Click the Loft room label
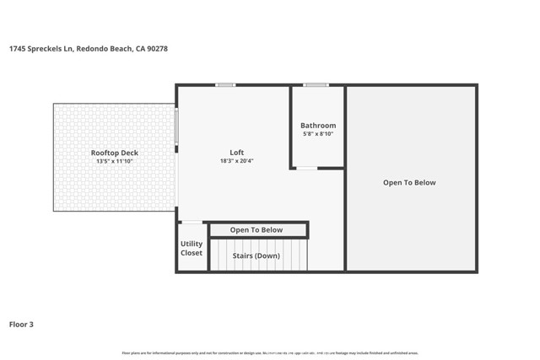point(237,153)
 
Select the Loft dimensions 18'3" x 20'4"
point(237,161)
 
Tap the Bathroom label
point(318,126)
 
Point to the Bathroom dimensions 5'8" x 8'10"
point(318,134)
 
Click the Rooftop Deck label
point(115,153)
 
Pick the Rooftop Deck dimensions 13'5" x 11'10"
point(115,161)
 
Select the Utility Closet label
point(192,249)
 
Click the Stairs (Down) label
point(256,255)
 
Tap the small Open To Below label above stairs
point(256,230)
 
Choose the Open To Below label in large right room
point(409,182)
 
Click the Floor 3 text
point(21,324)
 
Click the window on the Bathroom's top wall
point(316,84)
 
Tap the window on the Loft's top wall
point(225,84)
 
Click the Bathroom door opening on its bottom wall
point(306,168)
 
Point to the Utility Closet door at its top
point(192,223)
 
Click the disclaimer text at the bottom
point(269,352)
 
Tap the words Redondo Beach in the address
point(105,49)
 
